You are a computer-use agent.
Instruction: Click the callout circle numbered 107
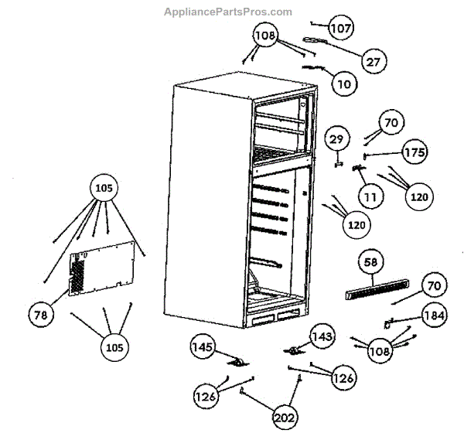[x=340, y=29]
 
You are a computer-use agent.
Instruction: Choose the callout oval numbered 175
[x=414, y=152]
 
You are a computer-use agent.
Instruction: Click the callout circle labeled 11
[x=370, y=196]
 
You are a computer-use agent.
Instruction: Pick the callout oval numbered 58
[x=371, y=264]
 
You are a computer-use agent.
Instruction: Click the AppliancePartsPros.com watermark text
[x=228, y=12]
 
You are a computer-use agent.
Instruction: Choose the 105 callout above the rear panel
[x=104, y=189]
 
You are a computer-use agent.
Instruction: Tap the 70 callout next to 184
[x=432, y=286]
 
